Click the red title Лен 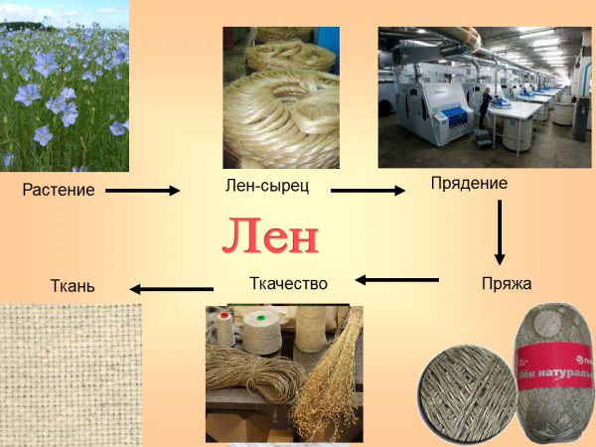[270, 235]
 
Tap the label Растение [59, 190]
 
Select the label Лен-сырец [267, 186]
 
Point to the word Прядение [469, 184]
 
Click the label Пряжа [507, 284]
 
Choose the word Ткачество [288, 283]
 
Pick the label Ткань [73, 286]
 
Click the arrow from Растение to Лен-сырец [142, 191]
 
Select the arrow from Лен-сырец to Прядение [368, 191]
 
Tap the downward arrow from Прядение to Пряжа [500, 232]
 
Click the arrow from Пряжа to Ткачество [397, 280]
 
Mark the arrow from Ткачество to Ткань [172, 289]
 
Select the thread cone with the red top [225, 328]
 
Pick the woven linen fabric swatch [72, 375]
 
